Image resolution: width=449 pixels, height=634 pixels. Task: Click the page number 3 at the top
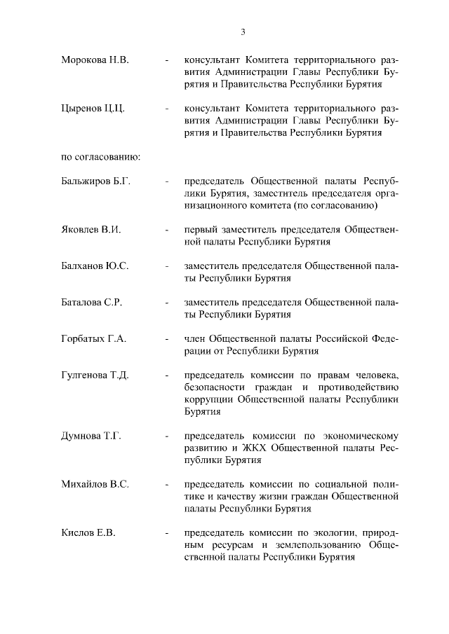[242, 31]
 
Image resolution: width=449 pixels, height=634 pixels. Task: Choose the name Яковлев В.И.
[91, 229]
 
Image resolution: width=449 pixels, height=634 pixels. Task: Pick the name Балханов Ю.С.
[95, 266]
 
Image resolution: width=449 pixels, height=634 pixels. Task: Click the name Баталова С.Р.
[92, 302]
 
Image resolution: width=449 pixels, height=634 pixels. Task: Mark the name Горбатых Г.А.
[94, 339]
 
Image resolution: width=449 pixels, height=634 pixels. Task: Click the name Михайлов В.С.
[95, 484]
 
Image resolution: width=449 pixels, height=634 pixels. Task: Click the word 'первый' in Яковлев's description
[199, 229]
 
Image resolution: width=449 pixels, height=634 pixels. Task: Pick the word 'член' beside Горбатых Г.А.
[195, 339]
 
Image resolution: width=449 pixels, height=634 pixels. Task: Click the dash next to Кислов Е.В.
[166, 533]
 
